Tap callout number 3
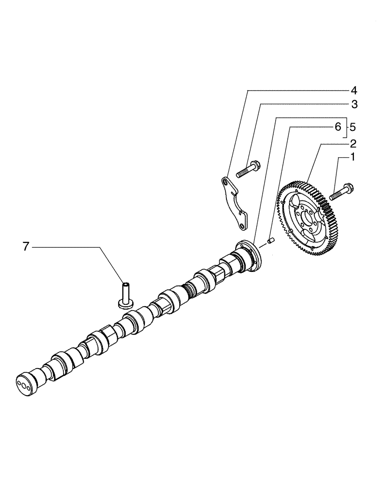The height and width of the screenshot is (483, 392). click(353, 104)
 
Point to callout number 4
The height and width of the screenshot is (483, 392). click(353, 90)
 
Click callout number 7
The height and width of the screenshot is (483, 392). click(26, 247)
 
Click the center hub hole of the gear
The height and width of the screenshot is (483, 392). click(306, 219)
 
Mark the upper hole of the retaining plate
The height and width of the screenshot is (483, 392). click(225, 182)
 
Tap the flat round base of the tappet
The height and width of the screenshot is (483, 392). click(126, 303)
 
